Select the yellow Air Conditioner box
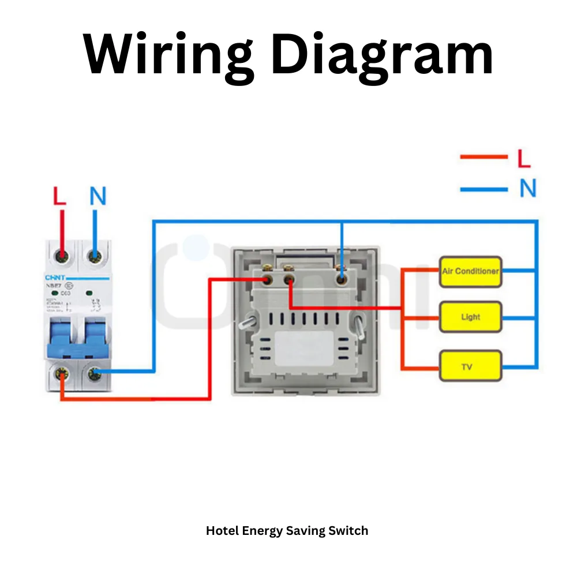pyautogui.click(x=470, y=271)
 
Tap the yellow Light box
pyautogui.click(x=470, y=317)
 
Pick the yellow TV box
pyautogui.click(x=470, y=366)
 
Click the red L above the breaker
pyautogui.click(x=59, y=197)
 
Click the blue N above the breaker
pyautogui.click(x=98, y=197)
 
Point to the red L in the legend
pyautogui.click(x=523, y=159)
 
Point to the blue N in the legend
pyautogui.click(x=527, y=188)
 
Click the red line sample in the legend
pyautogui.click(x=484, y=156)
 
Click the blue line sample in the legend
pyautogui.click(x=484, y=189)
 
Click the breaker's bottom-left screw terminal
pyautogui.click(x=61, y=374)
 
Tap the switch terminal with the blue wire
pyautogui.click(x=342, y=280)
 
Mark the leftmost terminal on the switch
pyautogui.click(x=267, y=280)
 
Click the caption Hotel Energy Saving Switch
pyautogui.click(x=287, y=530)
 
